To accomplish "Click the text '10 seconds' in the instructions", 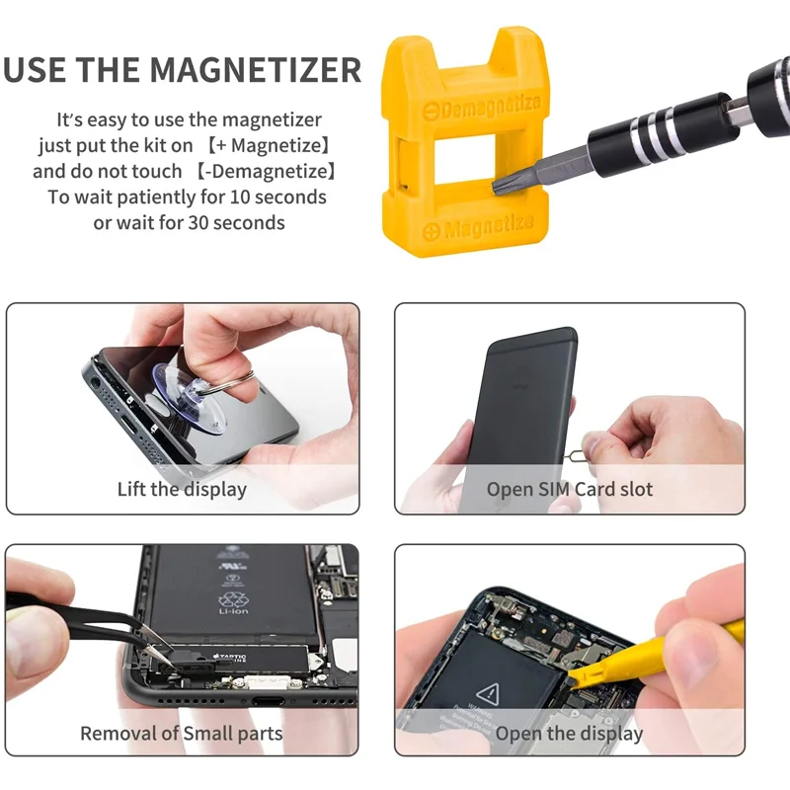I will (276, 197).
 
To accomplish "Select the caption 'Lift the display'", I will (182, 489).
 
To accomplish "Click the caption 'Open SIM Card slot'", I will (570, 489).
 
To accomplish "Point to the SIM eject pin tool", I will (593, 435).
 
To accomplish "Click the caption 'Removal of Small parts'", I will (182, 734).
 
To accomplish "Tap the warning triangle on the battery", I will (486, 692).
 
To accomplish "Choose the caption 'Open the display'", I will (569, 734).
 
